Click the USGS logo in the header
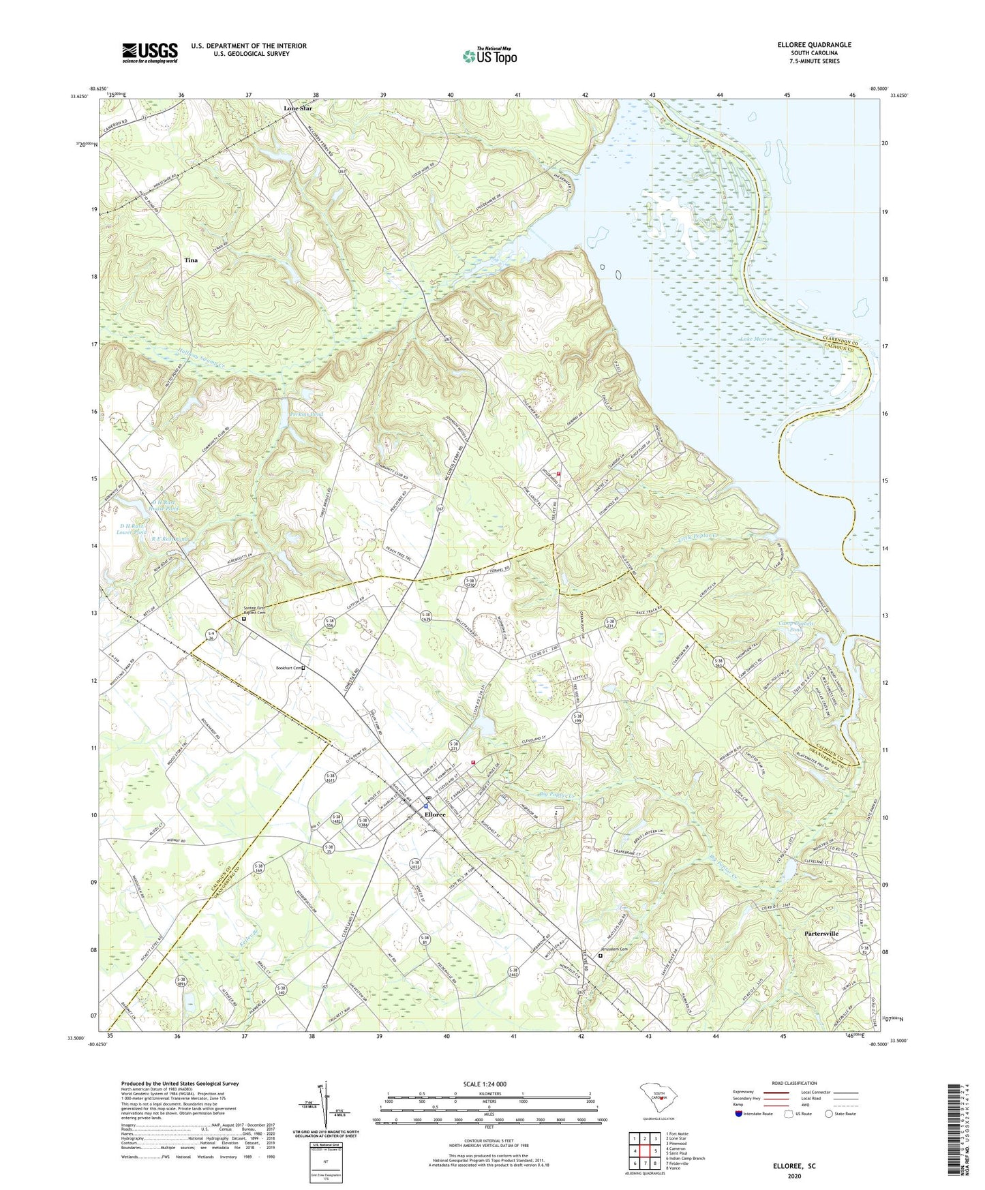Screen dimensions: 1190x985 coord(150,52)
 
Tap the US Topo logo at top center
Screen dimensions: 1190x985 coord(489,56)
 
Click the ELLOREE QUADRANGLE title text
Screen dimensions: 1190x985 coord(814,45)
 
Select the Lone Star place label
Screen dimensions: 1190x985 coord(298,108)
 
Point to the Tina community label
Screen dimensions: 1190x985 coord(191,260)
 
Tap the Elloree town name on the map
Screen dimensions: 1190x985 coord(435,814)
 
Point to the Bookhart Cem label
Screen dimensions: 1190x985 coord(288,668)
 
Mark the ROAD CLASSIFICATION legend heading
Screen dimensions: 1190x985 coord(793,1083)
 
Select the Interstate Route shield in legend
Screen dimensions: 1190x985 coord(739,1114)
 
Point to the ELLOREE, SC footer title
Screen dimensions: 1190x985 coord(793,1166)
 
